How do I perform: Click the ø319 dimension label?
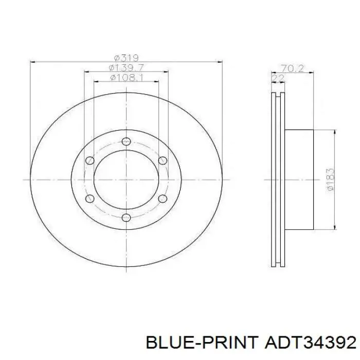point(127,58)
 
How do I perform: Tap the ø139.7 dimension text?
point(127,68)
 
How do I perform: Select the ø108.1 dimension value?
point(127,78)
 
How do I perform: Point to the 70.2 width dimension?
point(292,68)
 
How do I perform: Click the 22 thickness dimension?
point(278,78)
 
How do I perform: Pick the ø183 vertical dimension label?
point(330,179)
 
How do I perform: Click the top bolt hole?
point(127,141)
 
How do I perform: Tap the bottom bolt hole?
point(127,218)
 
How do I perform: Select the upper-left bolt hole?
point(90,160)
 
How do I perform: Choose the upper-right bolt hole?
point(163,160)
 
